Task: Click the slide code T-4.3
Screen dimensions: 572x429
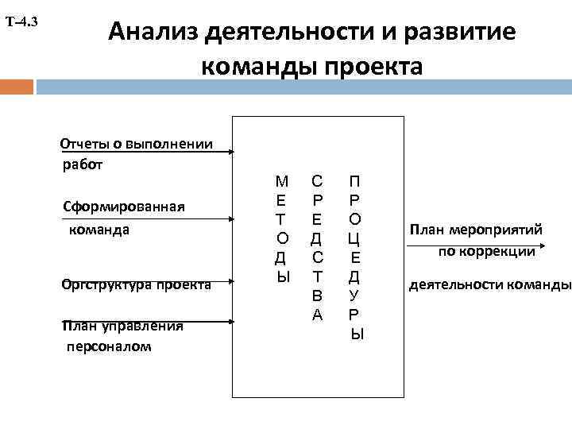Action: coord(21,21)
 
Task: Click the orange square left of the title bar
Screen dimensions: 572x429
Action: coord(17,86)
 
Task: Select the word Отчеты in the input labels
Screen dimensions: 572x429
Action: coord(83,144)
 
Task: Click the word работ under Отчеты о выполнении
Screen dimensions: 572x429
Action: coord(83,165)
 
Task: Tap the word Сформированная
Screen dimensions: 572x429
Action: coord(123,207)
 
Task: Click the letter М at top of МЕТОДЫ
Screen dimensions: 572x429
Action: coord(281,181)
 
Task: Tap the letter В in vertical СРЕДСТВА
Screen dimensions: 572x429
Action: coord(317,296)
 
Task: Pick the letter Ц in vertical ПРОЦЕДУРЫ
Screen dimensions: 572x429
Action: coord(354,238)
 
